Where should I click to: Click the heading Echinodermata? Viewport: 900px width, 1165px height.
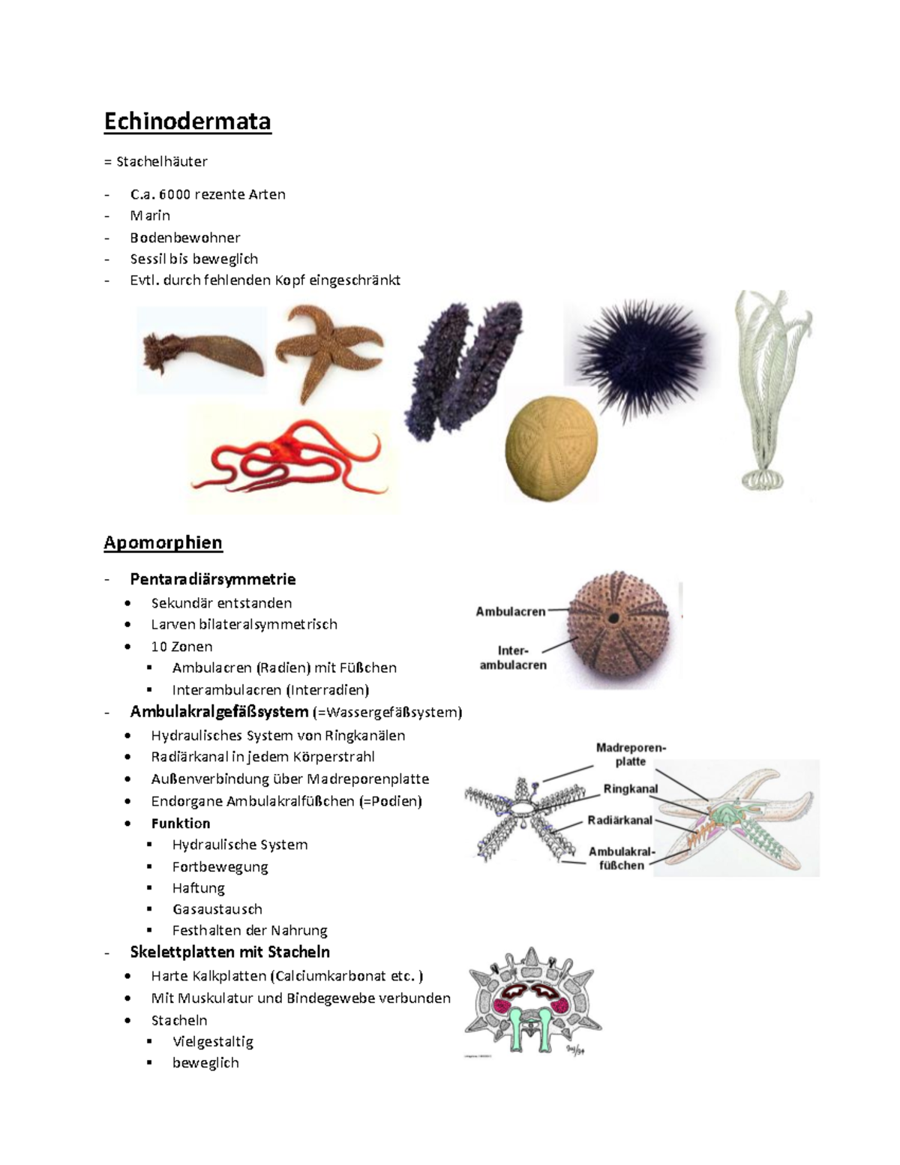[187, 122]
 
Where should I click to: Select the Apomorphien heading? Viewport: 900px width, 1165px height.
[163, 542]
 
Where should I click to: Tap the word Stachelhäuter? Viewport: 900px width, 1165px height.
[161, 161]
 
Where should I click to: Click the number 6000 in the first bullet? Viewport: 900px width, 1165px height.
[174, 194]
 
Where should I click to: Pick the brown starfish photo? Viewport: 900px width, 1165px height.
[330, 349]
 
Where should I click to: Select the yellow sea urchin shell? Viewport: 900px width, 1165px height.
[552, 449]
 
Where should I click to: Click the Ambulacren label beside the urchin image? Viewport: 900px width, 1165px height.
[510, 611]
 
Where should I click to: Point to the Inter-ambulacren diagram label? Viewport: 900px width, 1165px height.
[513, 658]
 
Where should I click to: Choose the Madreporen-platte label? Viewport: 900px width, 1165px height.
[631, 755]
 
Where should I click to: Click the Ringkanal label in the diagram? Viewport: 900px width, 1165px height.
[631, 789]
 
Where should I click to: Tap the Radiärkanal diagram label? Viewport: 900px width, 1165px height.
[619, 820]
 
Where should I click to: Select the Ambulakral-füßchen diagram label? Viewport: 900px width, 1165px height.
[622, 858]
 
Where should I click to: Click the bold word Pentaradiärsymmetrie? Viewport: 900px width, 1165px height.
[212, 579]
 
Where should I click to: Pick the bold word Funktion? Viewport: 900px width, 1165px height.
[180, 823]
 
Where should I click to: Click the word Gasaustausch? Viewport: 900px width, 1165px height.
[217, 909]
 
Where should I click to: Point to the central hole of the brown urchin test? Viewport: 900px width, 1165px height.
[613, 618]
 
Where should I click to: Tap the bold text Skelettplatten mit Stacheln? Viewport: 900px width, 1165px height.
[229, 952]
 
